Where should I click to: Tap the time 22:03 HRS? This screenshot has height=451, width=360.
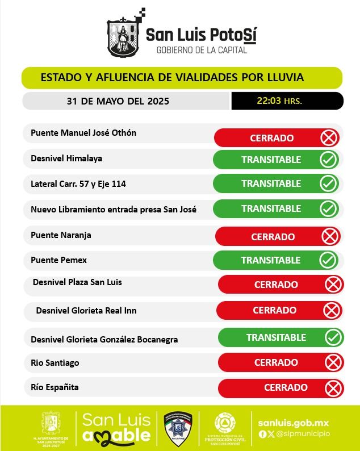[279, 101]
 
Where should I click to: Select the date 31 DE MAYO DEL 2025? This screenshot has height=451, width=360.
[118, 102]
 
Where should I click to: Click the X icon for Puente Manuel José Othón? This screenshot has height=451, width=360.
[329, 138]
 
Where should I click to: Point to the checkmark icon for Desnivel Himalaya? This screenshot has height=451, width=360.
[328, 160]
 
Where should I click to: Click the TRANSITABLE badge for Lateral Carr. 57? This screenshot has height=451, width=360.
[271, 183]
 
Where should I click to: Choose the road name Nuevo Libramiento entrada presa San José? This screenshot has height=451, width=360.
[114, 209]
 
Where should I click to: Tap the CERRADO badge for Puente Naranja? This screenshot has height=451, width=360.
[273, 236]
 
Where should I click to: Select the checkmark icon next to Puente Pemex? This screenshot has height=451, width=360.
[328, 260]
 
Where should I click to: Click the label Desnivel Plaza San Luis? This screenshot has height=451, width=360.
[77, 282]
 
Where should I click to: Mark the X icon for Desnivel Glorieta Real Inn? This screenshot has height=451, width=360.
[331, 310]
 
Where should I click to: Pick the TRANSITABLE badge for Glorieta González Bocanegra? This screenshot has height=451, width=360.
[276, 337]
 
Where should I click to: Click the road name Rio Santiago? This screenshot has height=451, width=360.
[55, 362]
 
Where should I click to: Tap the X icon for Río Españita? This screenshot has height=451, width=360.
[333, 388]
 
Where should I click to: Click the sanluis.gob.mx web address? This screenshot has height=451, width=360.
[293, 423]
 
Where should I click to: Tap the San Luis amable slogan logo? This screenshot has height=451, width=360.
[116, 428]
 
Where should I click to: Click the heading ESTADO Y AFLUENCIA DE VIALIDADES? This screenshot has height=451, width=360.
[172, 77]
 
